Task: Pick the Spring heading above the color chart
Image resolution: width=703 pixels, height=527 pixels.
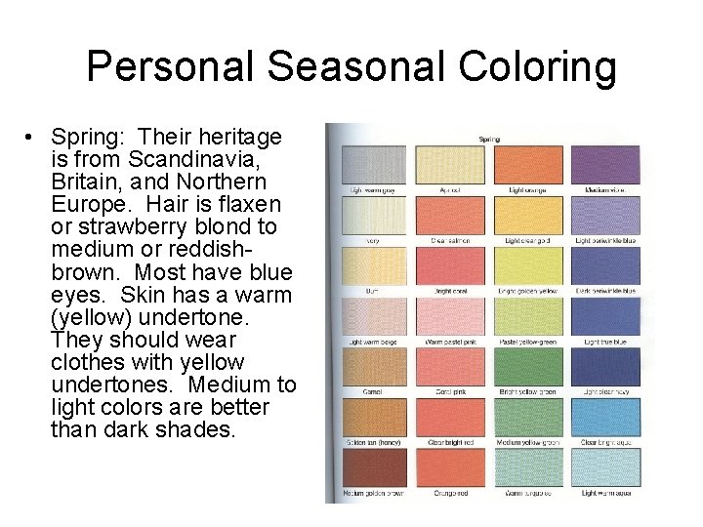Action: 489,140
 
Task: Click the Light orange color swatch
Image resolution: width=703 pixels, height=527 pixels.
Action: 527,163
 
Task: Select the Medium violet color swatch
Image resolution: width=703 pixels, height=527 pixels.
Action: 604,163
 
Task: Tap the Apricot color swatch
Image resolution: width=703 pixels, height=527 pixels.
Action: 450,163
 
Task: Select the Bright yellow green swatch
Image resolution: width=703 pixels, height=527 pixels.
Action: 527,367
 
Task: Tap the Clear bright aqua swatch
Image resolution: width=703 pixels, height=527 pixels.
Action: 604,418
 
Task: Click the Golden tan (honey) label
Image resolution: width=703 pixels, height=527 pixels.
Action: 374,443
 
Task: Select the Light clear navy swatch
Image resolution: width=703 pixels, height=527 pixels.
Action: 604,367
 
